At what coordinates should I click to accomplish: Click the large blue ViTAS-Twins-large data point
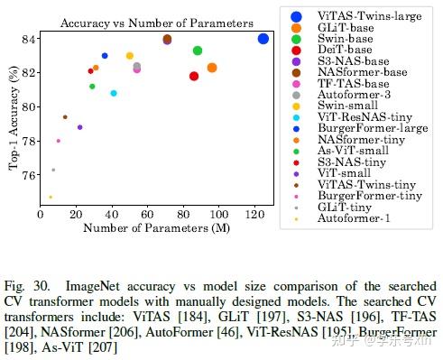[x=263, y=39]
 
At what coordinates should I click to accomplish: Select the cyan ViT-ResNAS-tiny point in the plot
[x=114, y=93]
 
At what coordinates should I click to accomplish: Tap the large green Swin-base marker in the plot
[x=198, y=51]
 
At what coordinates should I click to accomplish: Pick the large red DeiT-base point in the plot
[x=194, y=76]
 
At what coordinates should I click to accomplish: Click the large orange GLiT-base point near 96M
[x=212, y=68]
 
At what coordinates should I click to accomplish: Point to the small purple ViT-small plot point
[x=79, y=127]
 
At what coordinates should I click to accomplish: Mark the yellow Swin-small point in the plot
[x=130, y=56]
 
